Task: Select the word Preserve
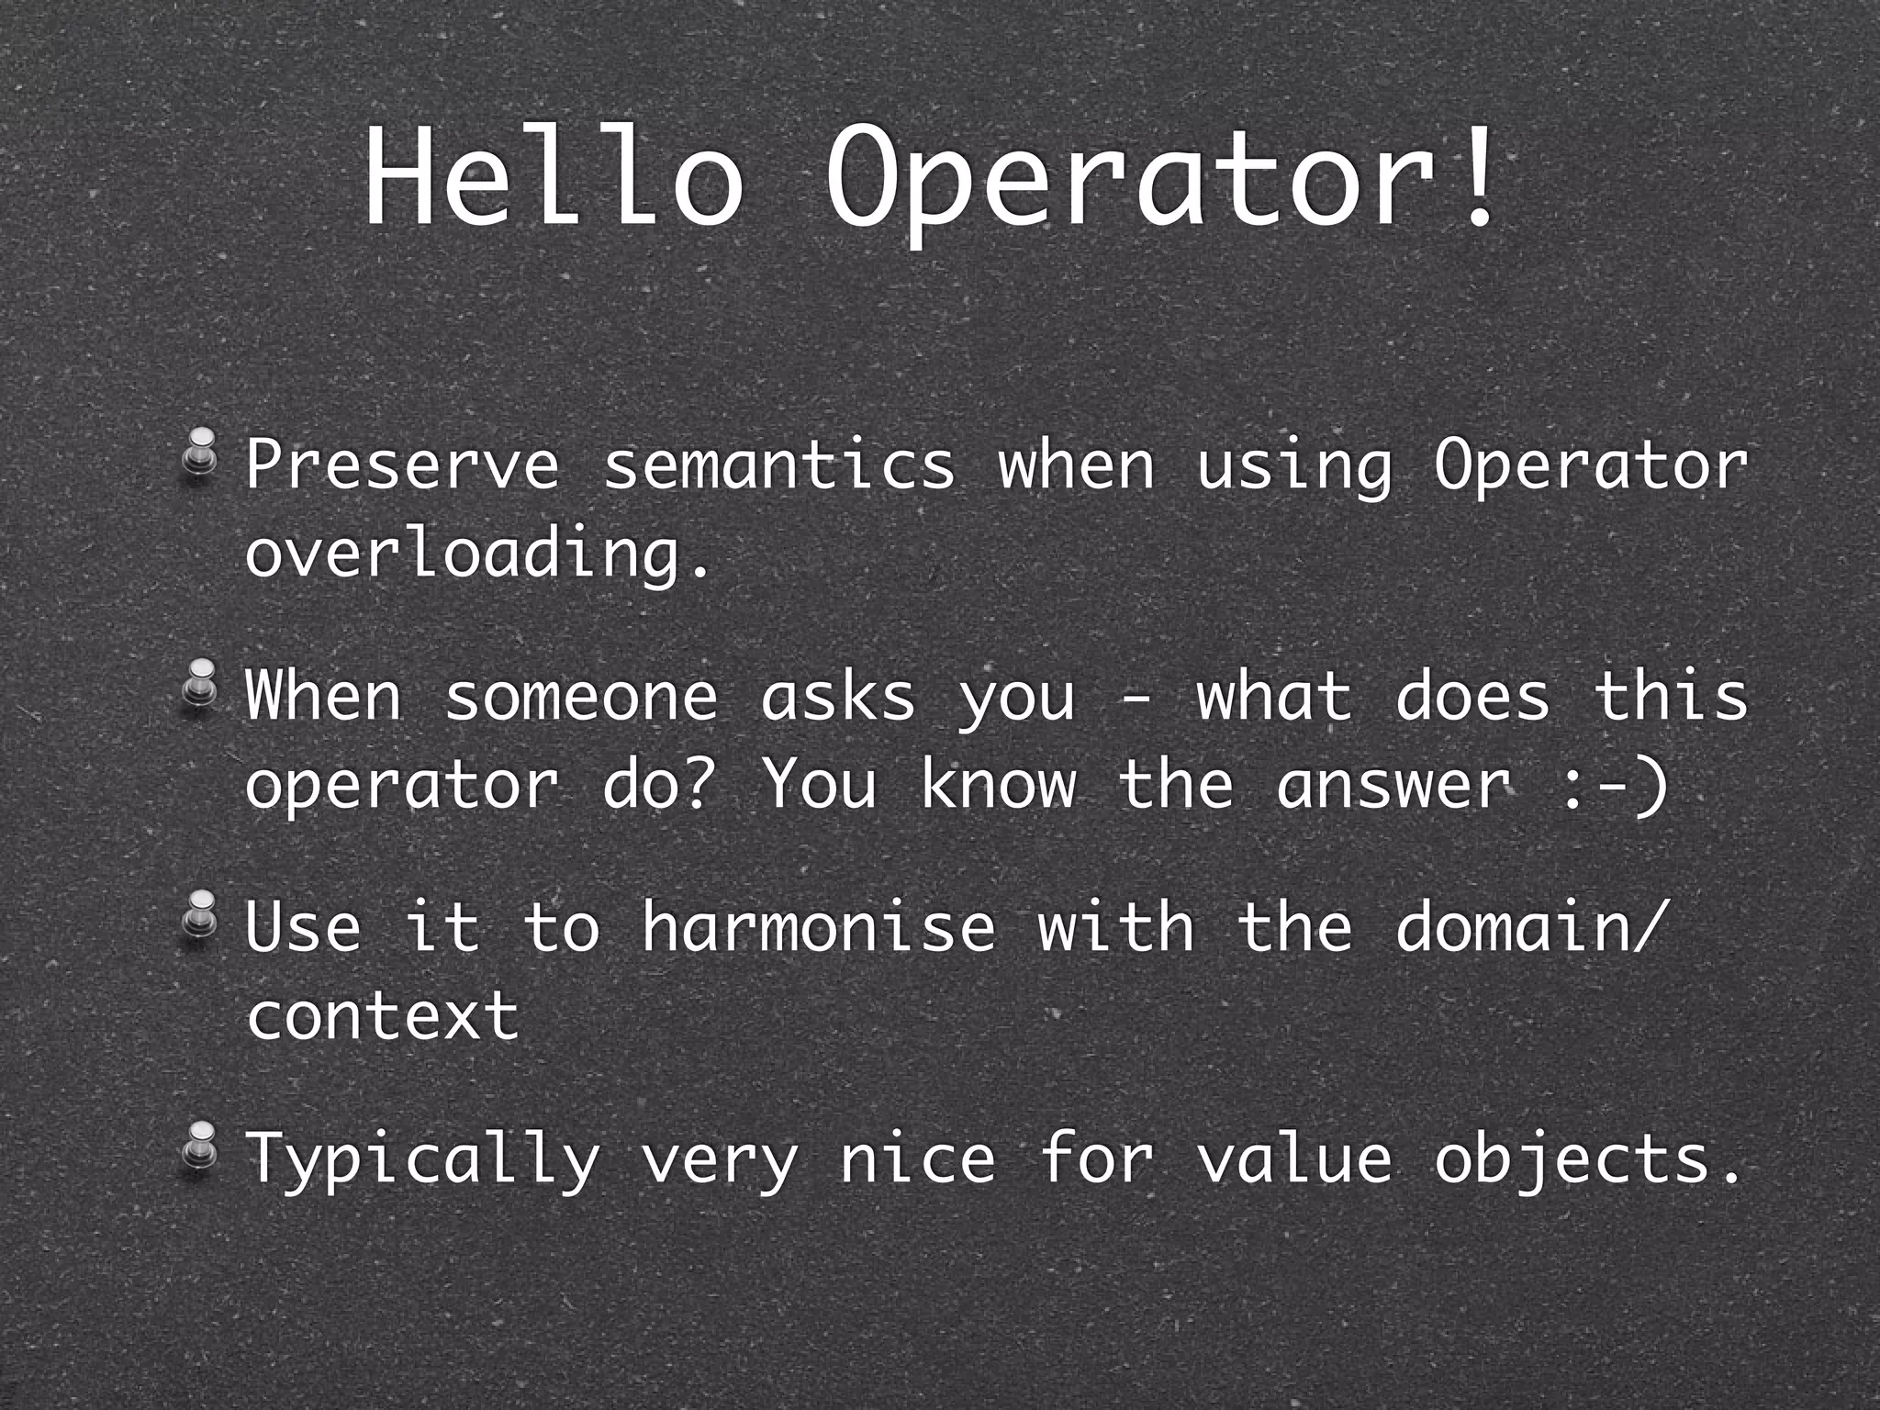(x=402, y=466)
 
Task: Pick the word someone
(x=581, y=697)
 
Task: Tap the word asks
(x=837, y=697)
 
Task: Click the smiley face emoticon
(x=1614, y=786)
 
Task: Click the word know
(x=998, y=786)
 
